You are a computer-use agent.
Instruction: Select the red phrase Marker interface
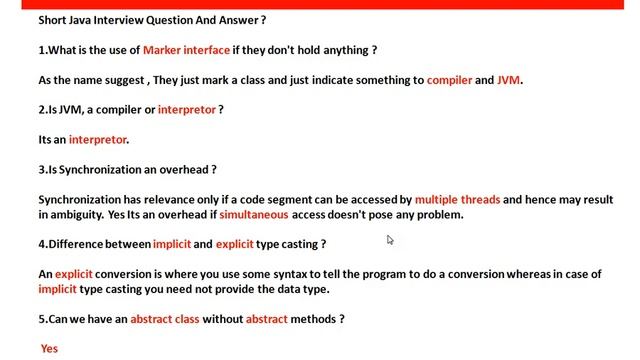coord(186,50)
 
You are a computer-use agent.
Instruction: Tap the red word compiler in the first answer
coord(449,80)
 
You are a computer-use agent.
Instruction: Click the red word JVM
coord(509,80)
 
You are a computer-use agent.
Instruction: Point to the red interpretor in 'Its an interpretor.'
coord(98,140)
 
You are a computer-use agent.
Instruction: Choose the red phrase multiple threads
coord(457,200)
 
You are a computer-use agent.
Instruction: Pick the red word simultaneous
coord(254,215)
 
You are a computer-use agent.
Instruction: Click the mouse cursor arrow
coord(390,240)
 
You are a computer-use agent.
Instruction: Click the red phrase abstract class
coord(165,319)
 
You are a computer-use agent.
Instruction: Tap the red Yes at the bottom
coord(49,349)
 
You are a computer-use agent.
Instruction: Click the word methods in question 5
coord(315,319)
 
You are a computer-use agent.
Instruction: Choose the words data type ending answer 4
coord(304,289)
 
